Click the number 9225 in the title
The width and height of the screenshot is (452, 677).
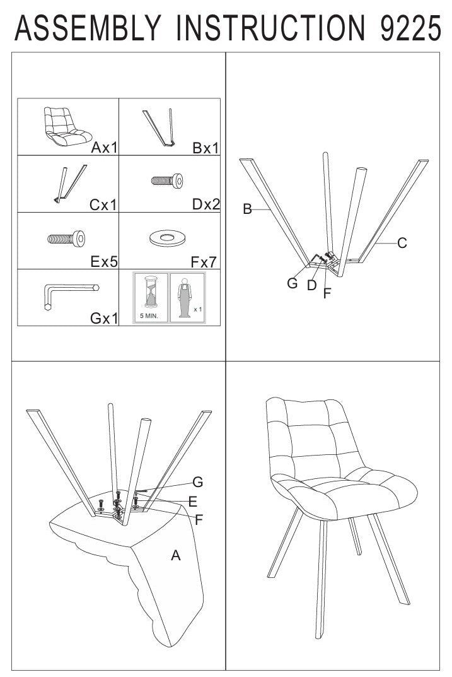tap(410, 28)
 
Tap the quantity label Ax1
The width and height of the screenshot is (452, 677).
tap(104, 148)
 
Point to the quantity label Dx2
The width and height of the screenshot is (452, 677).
tap(206, 204)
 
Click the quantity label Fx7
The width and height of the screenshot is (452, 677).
tap(204, 262)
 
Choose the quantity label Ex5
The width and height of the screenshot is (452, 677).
tap(104, 262)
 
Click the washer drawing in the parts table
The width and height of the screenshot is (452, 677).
tap(167, 238)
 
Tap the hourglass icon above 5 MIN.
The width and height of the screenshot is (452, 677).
tap(151, 292)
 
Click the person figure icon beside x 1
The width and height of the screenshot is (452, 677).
tap(185, 297)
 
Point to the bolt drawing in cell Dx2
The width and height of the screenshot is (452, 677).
tap(167, 180)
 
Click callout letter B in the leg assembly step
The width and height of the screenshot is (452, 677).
tap(247, 209)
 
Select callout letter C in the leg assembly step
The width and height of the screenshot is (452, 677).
tap(402, 243)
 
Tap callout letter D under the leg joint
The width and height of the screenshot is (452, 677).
tap(312, 285)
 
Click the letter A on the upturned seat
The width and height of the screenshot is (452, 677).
tap(175, 555)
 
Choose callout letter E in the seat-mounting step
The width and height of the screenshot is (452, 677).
tap(193, 501)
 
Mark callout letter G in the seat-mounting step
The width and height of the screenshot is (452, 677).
tap(197, 482)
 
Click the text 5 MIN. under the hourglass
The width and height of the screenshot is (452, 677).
tap(149, 315)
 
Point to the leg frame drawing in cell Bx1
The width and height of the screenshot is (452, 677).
tap(159, 128)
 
